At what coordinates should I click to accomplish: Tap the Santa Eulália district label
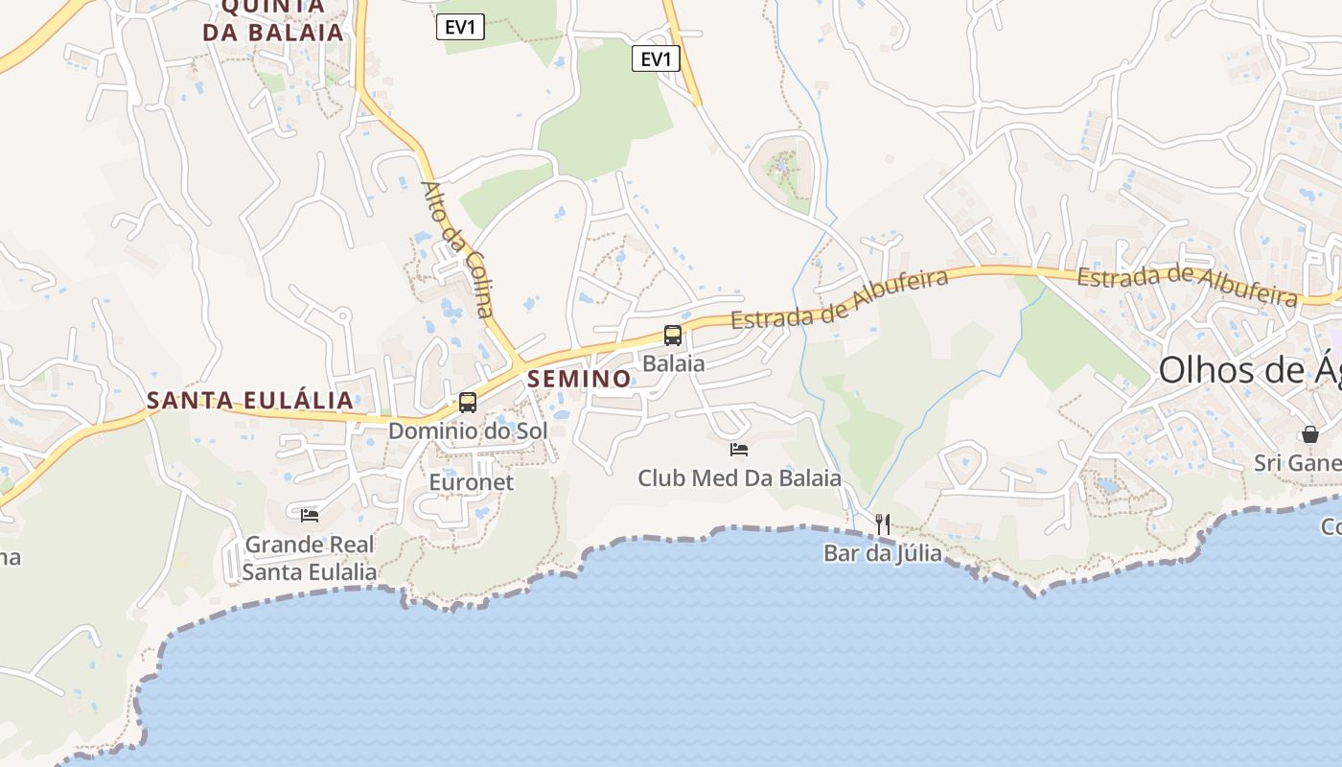tap(250, 400)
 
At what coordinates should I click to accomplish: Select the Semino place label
tap(579, 379)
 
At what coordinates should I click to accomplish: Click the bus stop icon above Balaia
tap(673, 336)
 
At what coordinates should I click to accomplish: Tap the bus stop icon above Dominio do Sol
tap(468, 403)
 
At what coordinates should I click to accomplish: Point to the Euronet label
tap(472, 482)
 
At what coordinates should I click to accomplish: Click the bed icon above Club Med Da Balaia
tap(739, 449)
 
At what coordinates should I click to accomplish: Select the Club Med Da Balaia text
tap(739, 477)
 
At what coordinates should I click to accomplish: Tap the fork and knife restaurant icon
tap(883, 524)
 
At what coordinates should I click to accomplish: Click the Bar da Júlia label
tap(882, 553)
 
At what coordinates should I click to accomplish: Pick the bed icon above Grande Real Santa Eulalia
tap(310, 516)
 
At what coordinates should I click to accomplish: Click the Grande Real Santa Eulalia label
tap(309, 558)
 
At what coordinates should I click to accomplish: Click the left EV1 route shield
tap(460, 28)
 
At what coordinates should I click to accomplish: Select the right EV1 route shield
tap(656, 59)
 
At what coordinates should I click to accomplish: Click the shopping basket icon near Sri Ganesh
tap(1310, 434)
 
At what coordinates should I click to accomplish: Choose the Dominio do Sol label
tap(468, 431)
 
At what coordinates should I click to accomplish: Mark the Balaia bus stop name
tap(674, 364)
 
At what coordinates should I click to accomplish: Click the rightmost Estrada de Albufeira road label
tap(1187, 284)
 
